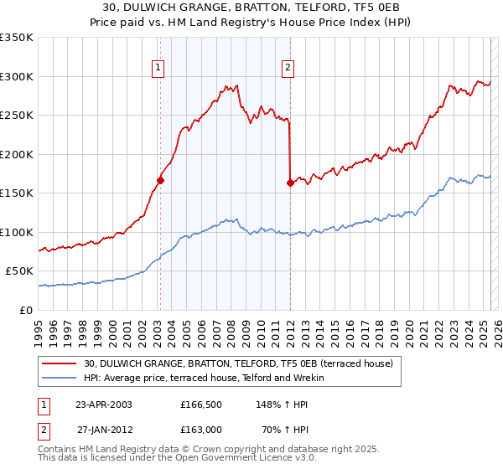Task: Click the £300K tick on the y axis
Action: [17, 76]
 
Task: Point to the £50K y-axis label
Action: [19, 271]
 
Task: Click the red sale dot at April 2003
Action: [160, 180]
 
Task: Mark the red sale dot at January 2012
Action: [290, 183]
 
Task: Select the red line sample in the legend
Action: [60, 363]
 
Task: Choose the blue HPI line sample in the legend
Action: [60, 378]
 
